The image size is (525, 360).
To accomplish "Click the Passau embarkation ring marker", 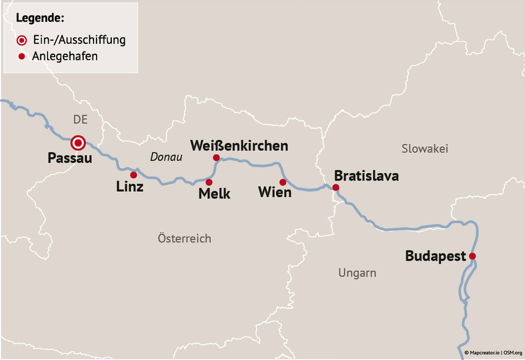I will pyautogui.click(x=77, y=143).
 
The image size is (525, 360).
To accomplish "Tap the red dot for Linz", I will pyautogui.click(x=134, y=175).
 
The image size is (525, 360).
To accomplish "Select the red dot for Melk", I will pyautogui.click(x=209, y=182).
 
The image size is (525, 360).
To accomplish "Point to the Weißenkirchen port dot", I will pyautogui.click(x=216, y=158).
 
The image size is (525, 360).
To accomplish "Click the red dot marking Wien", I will pyautogui.click(x=283, y=182).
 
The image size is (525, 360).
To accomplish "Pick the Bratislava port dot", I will pyautogui.click(x=335, y=188).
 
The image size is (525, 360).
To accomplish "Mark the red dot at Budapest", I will pyautogui.click(x=472, y=256).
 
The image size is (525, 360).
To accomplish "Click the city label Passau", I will pyautogui.click(x=69, y=159).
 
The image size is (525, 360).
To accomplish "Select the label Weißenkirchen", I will pyautogui.click(x=239, y=145).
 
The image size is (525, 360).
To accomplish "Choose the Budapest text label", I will pyautogui.click(x=435, y=256).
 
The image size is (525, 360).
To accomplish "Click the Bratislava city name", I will pyautogui.click(x=366, y=176).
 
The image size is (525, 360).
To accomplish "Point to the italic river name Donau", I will pyautogui.click(x=166, y=157).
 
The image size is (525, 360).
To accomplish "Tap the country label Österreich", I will pyautogui.click(x=184, y=238).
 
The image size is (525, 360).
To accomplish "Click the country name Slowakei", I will pyautogui.click(x=424, y=149).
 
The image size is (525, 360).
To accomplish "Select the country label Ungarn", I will pyautogui.click(x=357, y=273).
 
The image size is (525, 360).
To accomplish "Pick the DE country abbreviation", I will pyautogui.click(x=80, y=119).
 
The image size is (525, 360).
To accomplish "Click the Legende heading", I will pyautogui.click(x=40, y=18).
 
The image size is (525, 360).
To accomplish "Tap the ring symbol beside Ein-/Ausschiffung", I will pyautogui.click(x=22, y=40).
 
